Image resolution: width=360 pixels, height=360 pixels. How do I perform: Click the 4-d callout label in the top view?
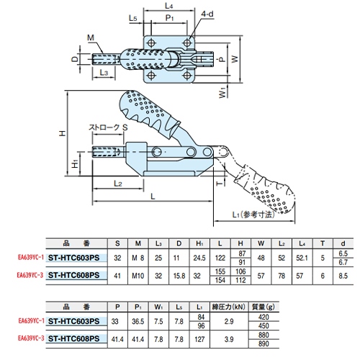pyautogui.click(x=207, y=14)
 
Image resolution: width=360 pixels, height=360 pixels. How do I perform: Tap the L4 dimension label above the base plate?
pyautogui.click(x=169, y=6)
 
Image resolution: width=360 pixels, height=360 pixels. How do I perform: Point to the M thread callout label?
pyautogui.click(x=91, y=37)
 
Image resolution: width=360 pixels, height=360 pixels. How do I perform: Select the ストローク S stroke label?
pyautogui.click(x=108, y=127)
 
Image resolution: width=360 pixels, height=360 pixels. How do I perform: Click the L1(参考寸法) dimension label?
pyautogui.click(x=253, y=215)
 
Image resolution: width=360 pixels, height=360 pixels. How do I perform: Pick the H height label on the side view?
pyautogui.click(x=63, y=133)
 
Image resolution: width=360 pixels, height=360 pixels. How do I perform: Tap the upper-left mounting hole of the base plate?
pyautogui.click(x=151, y=43)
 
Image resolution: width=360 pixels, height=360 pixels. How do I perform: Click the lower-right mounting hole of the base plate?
pyautogui.click(x=186, y=76)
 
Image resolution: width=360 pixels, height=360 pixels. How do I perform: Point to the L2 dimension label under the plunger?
pyautogui.click(x=118, y=184)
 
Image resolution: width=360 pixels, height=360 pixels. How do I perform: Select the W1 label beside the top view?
pyautogui.click(x=222, y=92)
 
